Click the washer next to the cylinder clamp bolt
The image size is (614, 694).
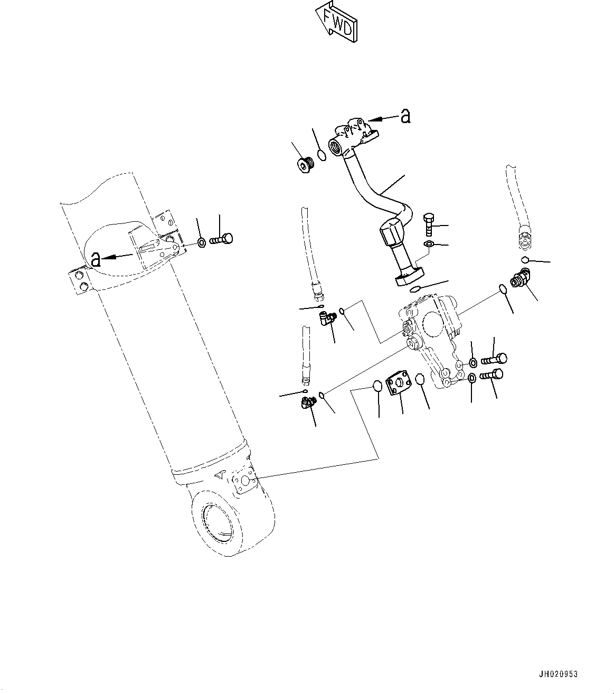click(202, 243)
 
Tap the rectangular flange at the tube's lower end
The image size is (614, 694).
click(410, 277)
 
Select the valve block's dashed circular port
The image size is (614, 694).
click(434, 325)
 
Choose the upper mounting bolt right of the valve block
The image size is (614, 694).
click(494, 359)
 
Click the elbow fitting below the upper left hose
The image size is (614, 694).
click(326, 318)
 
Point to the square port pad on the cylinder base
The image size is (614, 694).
click(244, 481)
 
